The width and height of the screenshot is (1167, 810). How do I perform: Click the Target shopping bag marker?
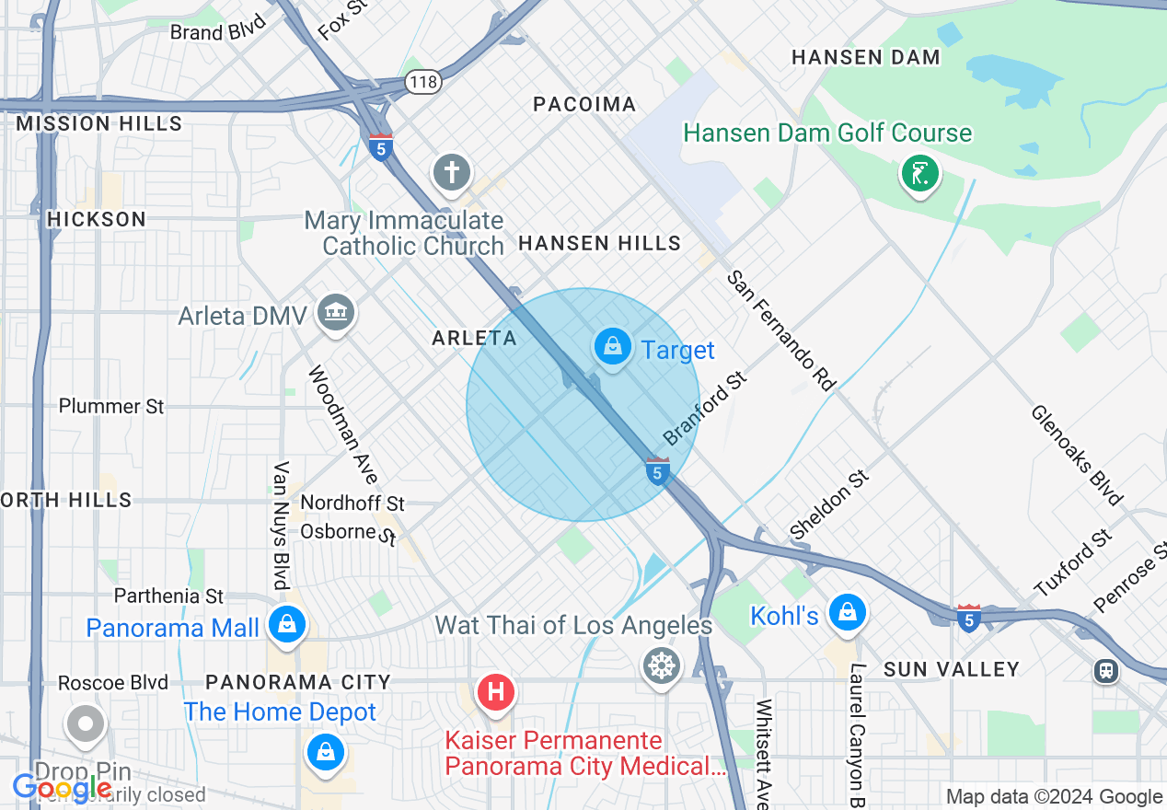pyautogui.click(x=613, y=347)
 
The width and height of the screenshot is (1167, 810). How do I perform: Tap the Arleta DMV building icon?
pyautogui.click(x=336, y=313)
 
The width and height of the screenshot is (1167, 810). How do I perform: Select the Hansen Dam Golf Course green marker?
pyautogui.click(x=919, y=173)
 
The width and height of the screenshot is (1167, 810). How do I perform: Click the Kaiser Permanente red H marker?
pyautogui.click(x=496, y=690)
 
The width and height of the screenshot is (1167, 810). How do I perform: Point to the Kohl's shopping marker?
pyautogui.click(x=846, y=613)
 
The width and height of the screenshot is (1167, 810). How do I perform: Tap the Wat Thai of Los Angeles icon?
pyautogui.click(x=662, y=665)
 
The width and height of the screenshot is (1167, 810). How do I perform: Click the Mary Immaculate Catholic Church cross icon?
pyautogui.click(x=452, y=172)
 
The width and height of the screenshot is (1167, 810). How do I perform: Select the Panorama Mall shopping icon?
pyautogui.click(x=287, y=626)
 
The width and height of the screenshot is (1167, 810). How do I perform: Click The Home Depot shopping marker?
pyautogui.click(x=325, y=750)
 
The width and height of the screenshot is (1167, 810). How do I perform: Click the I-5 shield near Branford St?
pyautogui.click(x=656, y=471)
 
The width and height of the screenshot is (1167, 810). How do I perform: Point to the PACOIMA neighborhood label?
pyautogui.click(x=584, y=104)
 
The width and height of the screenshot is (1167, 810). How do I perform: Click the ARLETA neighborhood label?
pyautogui.click(x=475, y=338)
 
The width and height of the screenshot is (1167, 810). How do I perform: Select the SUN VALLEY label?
pyautogui.click(x=952, y=669)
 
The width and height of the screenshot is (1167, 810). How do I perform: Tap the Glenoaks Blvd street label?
pyautogui.click(x=1076, y=455)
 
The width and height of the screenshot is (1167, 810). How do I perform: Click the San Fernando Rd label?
pyautogui.click(x=780, y=330)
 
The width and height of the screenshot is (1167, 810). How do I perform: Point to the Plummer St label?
pyautogui.click(x=111, y=406)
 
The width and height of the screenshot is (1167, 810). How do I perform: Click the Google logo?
pyautogui.click(x=63, y=788)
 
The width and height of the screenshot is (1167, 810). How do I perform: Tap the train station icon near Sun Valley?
pyautogui.click(x=1106, y=670)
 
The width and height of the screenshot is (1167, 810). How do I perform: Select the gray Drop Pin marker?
pyautogui.click(x=85, y=724)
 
